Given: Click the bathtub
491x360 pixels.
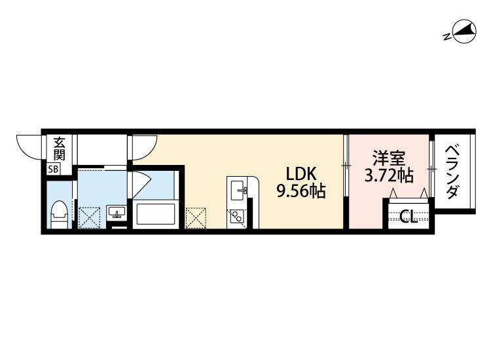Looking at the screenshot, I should point(155,215).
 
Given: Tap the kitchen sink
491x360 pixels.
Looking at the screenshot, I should point(238,190).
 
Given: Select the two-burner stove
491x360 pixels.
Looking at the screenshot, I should point(236,215).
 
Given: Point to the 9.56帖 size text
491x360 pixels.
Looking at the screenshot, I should point(301,191).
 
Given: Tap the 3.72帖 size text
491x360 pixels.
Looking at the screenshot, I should point(389,175).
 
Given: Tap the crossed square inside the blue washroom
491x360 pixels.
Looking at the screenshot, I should point(88,217).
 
